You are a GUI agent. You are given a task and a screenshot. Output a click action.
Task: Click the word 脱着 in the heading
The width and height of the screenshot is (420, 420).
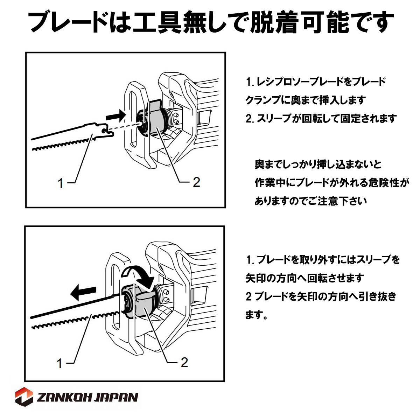[275, 22]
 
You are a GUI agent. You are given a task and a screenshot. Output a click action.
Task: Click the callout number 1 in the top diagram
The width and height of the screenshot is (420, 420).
[61, 183]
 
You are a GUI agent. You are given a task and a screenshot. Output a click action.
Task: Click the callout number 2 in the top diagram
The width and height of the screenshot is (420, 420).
[196, 182]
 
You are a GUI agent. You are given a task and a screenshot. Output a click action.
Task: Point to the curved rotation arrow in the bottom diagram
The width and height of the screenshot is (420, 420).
[140, 275]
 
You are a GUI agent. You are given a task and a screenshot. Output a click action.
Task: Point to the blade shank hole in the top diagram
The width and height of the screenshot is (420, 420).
[104, 131]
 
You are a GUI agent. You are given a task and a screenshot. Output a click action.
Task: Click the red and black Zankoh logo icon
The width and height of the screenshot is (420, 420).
[24, 399]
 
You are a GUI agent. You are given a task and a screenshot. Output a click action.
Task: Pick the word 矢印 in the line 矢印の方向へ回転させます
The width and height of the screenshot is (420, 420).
[256, 278]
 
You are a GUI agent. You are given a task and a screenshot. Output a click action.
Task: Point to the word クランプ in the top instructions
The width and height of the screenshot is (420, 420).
[265, 100]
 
